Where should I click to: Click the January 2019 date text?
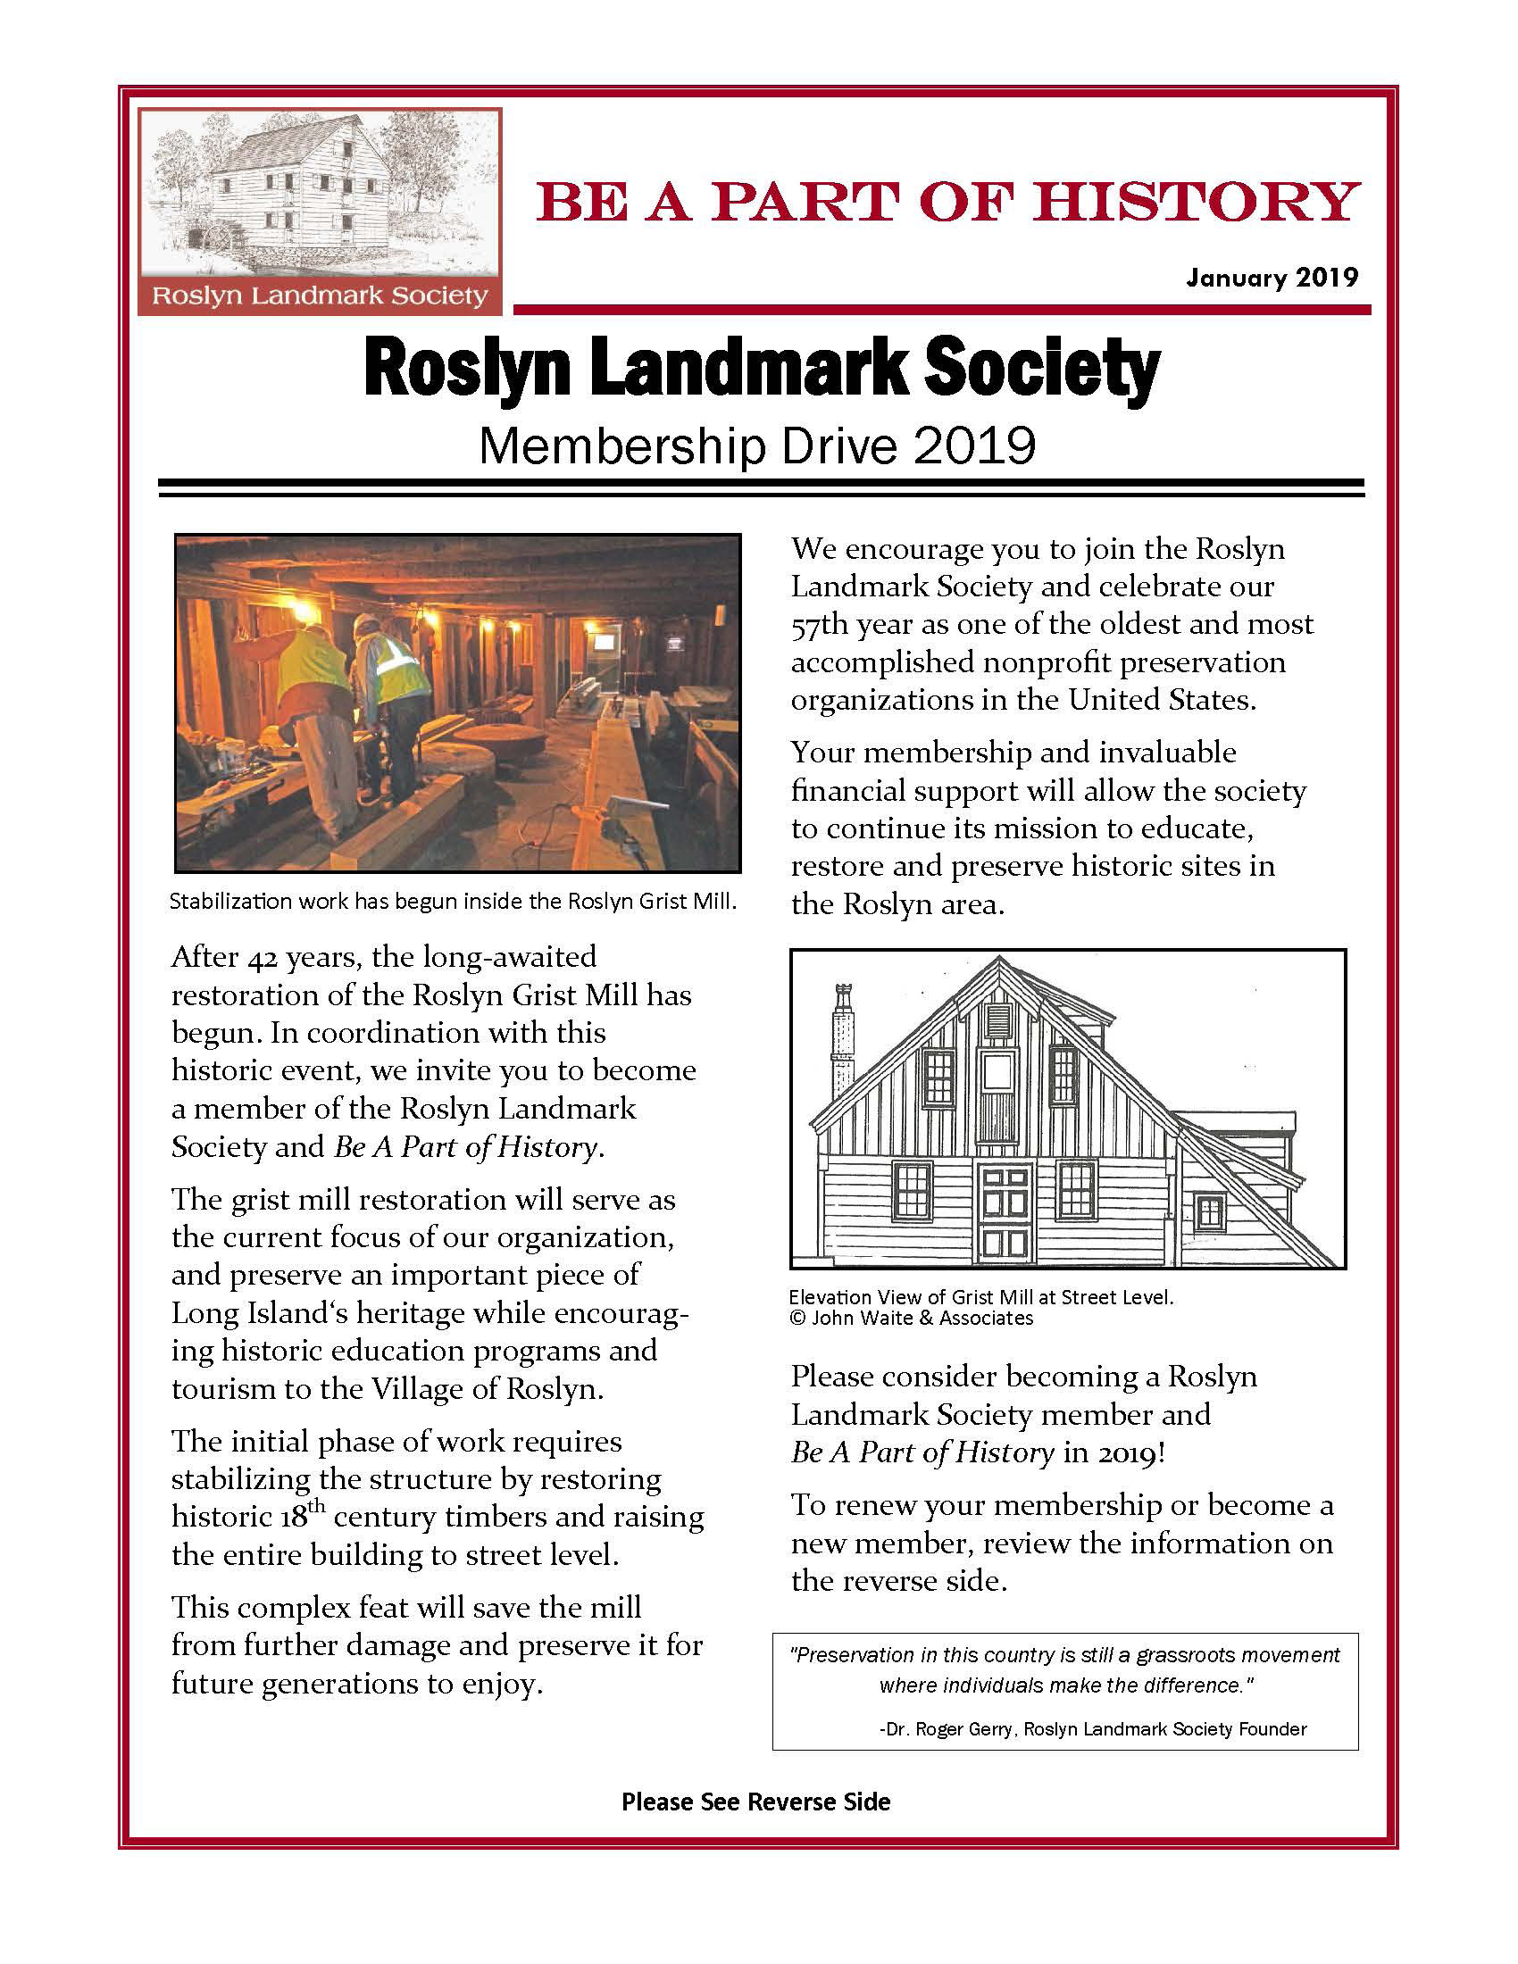click(1271, 277)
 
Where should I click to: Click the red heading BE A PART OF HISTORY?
click(947, 202)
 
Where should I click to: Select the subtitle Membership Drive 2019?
click(757, 446)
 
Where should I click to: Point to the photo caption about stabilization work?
click(454, 901)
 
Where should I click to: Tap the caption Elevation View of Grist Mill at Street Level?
click(981, 1297)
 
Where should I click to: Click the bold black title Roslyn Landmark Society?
click(762, 369)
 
